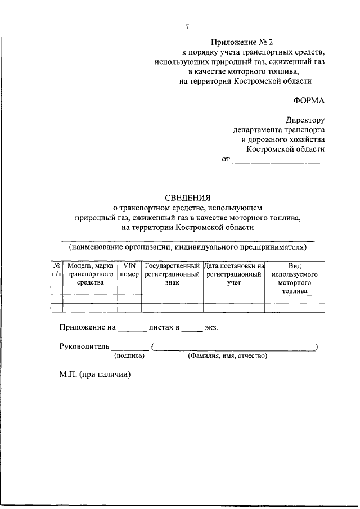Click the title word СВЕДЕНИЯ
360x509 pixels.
point(187,197)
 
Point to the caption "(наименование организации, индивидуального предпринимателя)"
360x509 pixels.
point(187,246)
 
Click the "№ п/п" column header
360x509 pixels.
point(56,269)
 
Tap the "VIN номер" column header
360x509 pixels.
point(129,269)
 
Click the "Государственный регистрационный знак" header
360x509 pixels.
point(172,274)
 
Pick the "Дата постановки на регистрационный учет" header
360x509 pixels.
point(233,274)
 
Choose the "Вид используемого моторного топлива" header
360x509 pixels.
point(295,278)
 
